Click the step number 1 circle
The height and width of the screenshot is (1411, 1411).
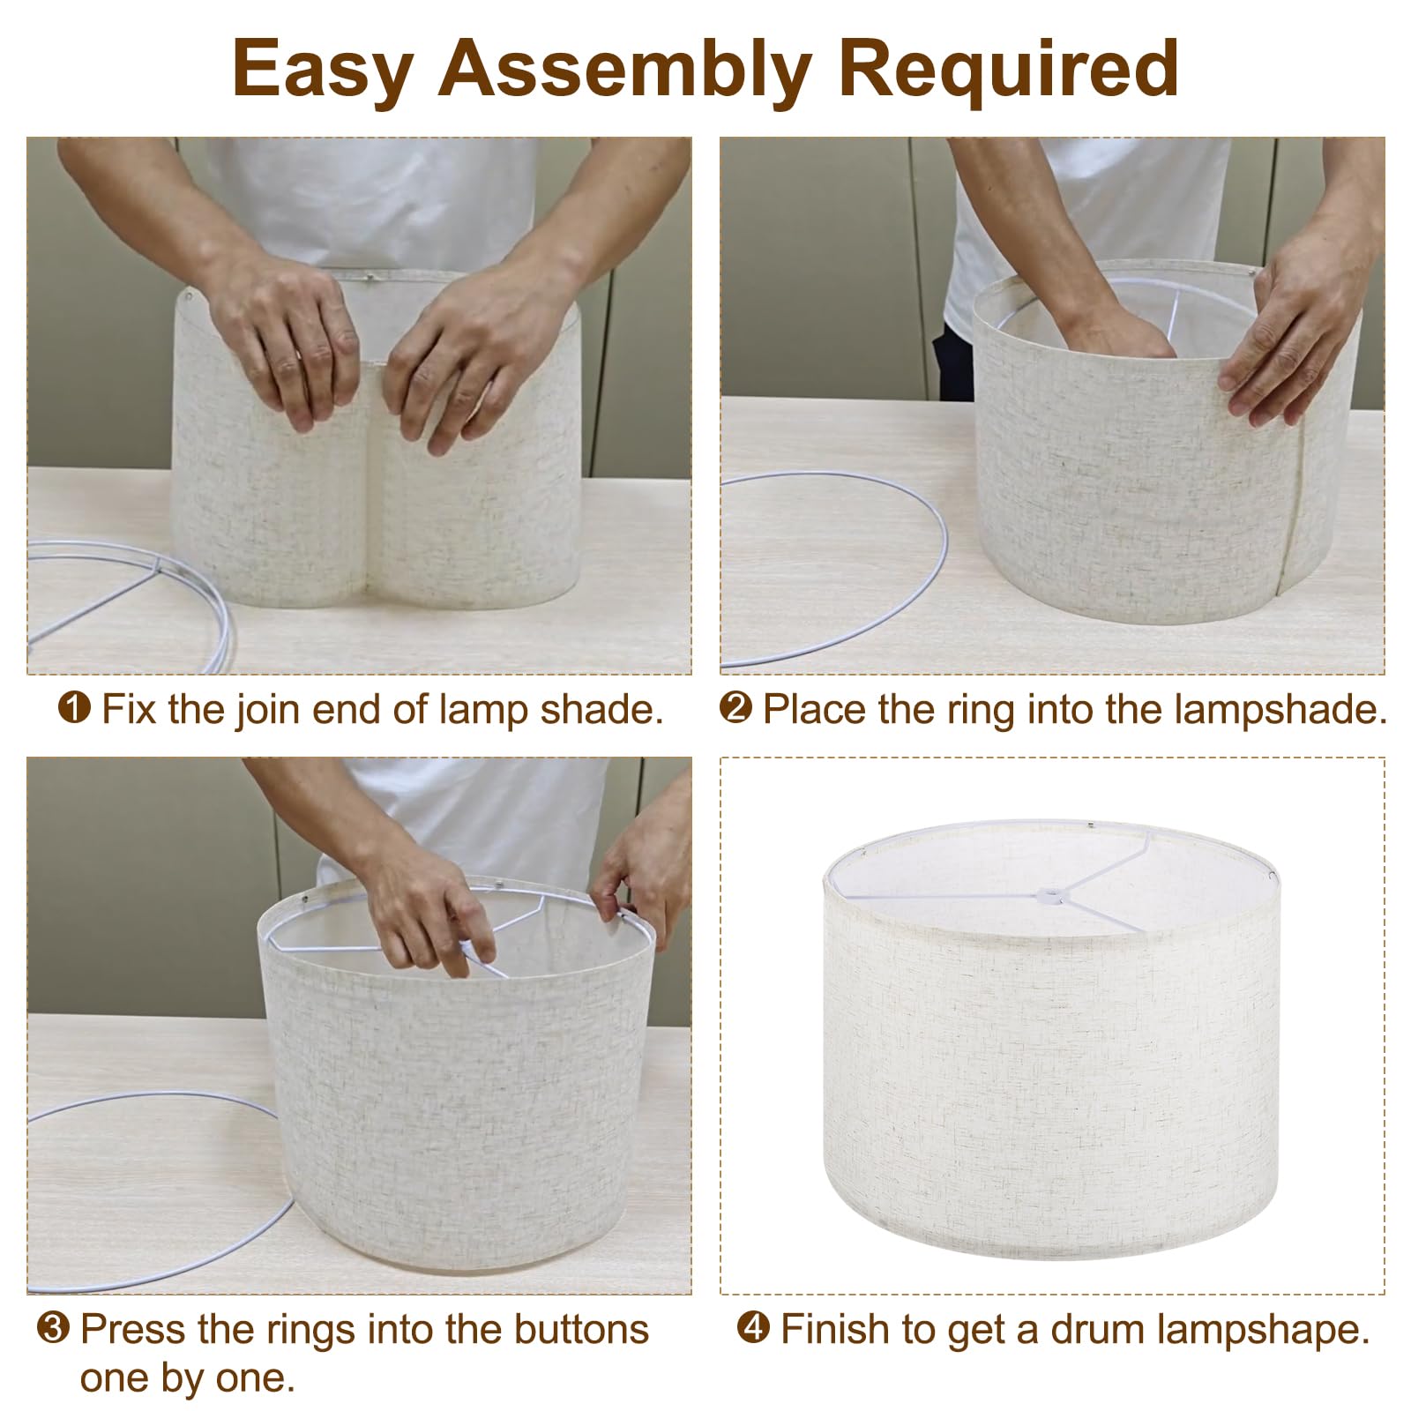coord(74,707)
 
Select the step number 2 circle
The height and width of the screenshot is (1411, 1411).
coord(735,707)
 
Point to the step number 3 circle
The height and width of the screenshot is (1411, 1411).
coord(53,1328)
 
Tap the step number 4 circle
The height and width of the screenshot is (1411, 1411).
coord(752,1328)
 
